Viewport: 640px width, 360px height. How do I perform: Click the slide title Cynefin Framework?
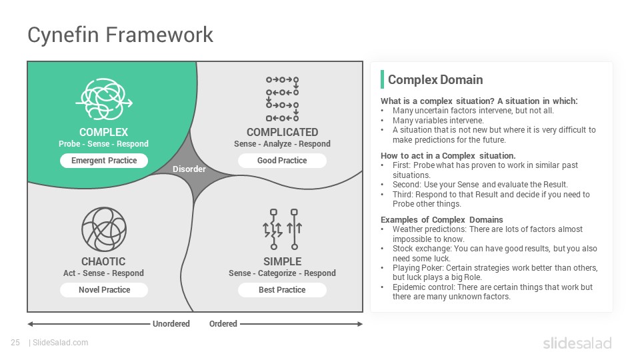pos(120,35)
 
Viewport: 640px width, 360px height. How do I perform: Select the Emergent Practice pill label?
pos(104,161)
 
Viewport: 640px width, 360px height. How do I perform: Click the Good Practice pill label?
pos(282,161)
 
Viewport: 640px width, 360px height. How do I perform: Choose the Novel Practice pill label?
pos(104,290)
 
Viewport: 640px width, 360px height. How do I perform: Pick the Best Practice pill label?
pos(282,290)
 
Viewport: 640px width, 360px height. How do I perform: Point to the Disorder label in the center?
pos(189,169)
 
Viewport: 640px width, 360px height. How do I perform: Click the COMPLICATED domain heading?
pos(282,132)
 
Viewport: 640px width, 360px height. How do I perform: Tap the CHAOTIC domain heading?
pos(103,261)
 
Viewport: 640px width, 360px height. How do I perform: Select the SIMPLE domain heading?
pos(282,261)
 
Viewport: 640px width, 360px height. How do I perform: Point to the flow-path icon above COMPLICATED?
pos(282,99)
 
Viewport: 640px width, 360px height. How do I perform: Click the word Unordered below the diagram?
pos(171,324)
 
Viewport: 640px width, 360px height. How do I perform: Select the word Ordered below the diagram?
pos(223,324)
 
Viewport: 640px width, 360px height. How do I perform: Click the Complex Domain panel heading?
pos(435,79)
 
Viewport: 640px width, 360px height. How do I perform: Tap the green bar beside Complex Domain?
pos(382,79)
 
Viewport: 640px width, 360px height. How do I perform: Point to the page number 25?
pos(15,343)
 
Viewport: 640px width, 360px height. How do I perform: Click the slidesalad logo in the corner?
pos(577,343)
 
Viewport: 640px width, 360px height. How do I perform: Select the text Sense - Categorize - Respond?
pos(282,273)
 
